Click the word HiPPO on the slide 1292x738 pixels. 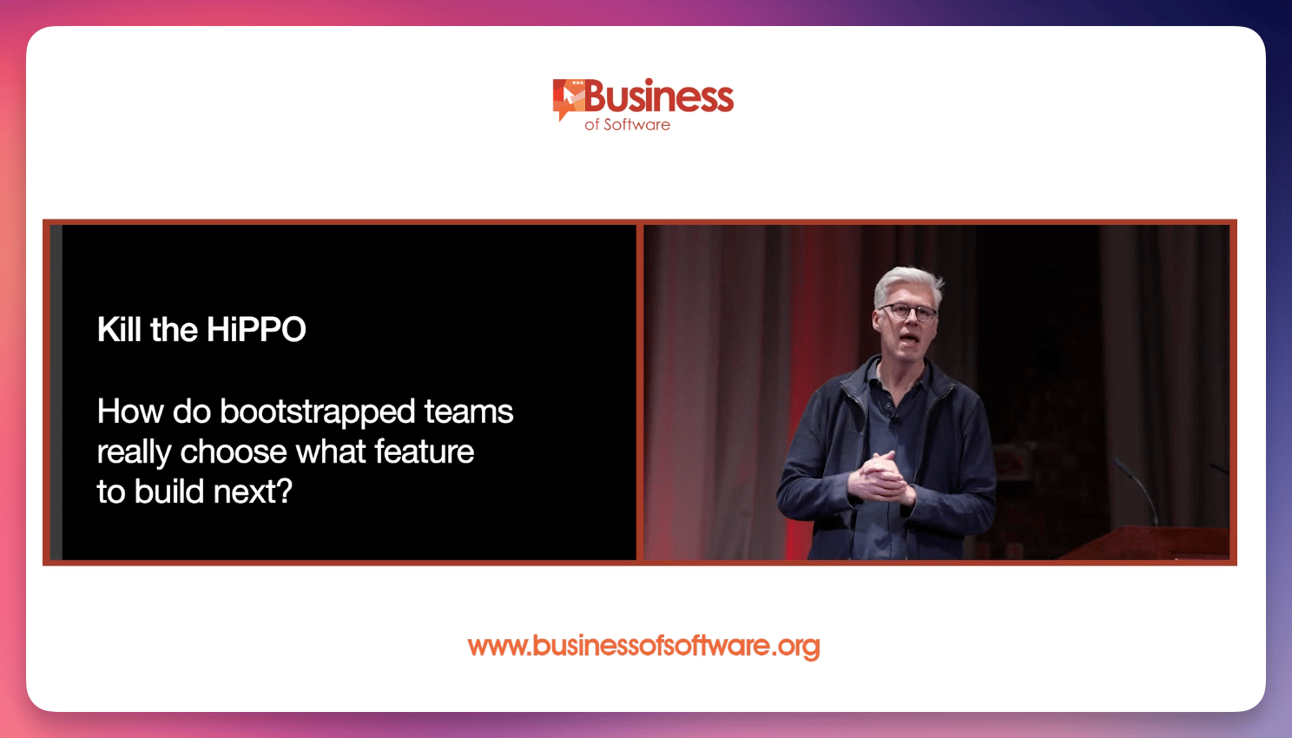[256, 329]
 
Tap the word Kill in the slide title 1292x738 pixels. [120, 329]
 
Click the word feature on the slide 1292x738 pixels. [425, 451]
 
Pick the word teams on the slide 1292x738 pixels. [469, 412]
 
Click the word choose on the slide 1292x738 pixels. [233, 451]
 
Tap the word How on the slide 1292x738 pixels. [130, 412]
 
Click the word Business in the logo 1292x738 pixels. [659, 96]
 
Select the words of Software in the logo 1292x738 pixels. [627, 124]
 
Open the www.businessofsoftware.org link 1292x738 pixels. [643, 646]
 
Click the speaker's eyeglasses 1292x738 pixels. [909, 312]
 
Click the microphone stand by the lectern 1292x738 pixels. [1136, 490]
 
